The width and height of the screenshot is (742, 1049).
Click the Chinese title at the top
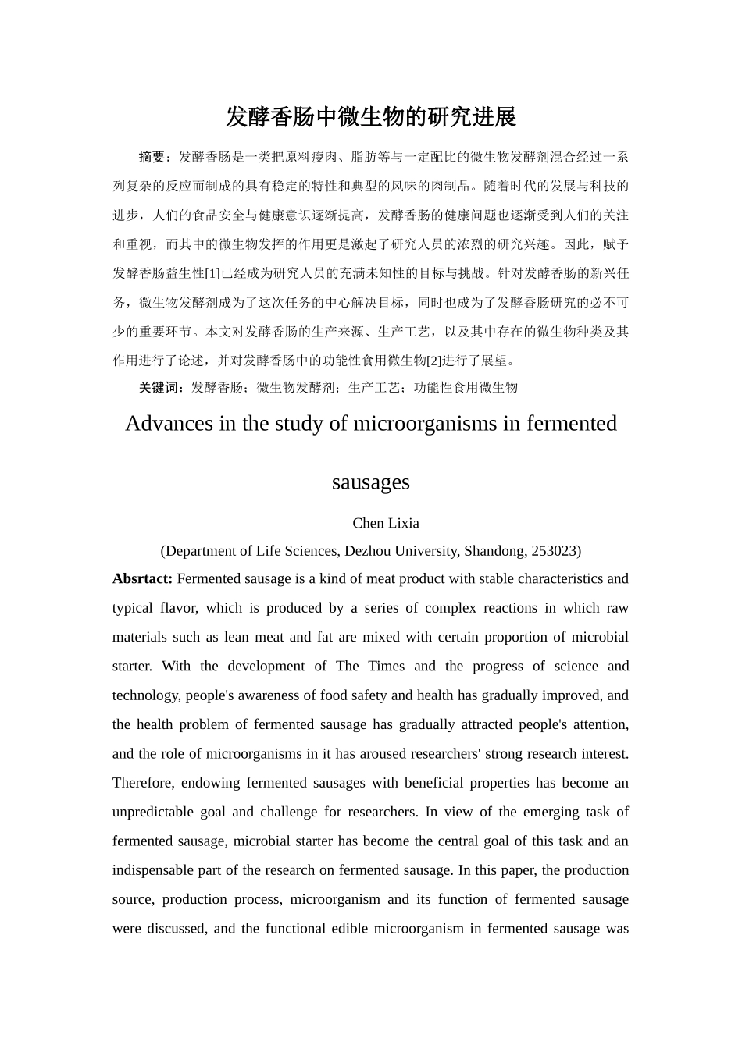371,117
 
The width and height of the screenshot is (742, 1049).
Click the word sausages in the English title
371,482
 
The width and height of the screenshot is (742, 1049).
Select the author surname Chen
368,524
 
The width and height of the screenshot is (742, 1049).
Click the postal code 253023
554,551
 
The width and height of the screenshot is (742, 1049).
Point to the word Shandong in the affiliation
494,551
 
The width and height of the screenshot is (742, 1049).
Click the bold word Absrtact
142,579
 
